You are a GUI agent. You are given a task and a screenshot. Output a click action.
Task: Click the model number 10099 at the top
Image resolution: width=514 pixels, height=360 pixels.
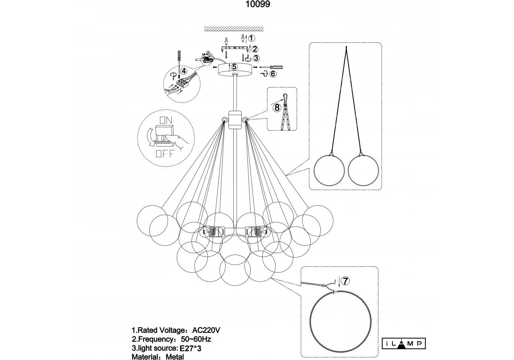click(x=258, y=4)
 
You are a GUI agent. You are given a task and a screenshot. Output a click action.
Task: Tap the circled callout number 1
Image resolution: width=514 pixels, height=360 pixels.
click(x=251, y=38)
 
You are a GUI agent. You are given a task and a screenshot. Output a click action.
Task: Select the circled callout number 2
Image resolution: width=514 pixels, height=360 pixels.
click(x=255, y=49)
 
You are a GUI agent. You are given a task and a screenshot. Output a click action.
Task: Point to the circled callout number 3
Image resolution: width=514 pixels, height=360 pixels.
click(x=256, y=58)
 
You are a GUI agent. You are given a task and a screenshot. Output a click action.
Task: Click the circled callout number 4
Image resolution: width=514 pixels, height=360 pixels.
click(x=184, y=71)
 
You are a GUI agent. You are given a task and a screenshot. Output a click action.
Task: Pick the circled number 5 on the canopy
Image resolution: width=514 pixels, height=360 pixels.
click(x=234, y=67)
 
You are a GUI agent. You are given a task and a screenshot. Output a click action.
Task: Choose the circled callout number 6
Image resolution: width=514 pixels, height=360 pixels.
click(x=273, y=74)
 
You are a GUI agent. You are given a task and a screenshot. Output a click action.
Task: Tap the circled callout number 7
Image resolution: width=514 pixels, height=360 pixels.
click(x=345, y=281)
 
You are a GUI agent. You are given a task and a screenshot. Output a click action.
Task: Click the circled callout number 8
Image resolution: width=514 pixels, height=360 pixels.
click(x=277, y=108)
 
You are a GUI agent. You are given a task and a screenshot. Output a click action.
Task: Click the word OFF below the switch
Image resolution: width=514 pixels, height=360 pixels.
click(x=164, y=154)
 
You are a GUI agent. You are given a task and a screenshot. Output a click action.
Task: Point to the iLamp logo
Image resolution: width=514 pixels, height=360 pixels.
click(x=403, y=344)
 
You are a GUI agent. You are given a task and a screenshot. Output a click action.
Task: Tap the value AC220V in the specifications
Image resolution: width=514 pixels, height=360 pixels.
click(x=206, y=330)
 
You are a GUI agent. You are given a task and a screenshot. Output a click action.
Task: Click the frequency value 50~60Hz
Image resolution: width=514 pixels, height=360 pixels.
click(x=196, y=339)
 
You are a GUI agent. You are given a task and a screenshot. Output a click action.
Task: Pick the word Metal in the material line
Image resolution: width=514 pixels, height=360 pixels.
click(x=175, y=357)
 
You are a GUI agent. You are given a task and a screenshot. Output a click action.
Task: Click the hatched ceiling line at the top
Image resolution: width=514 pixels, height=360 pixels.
click(x=234, y=29)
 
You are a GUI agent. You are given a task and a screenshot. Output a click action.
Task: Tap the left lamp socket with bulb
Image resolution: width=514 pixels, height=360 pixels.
click(x=213, y=232)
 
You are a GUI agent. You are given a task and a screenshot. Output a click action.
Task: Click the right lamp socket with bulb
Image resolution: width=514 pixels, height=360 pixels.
click(x=256, y=232)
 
